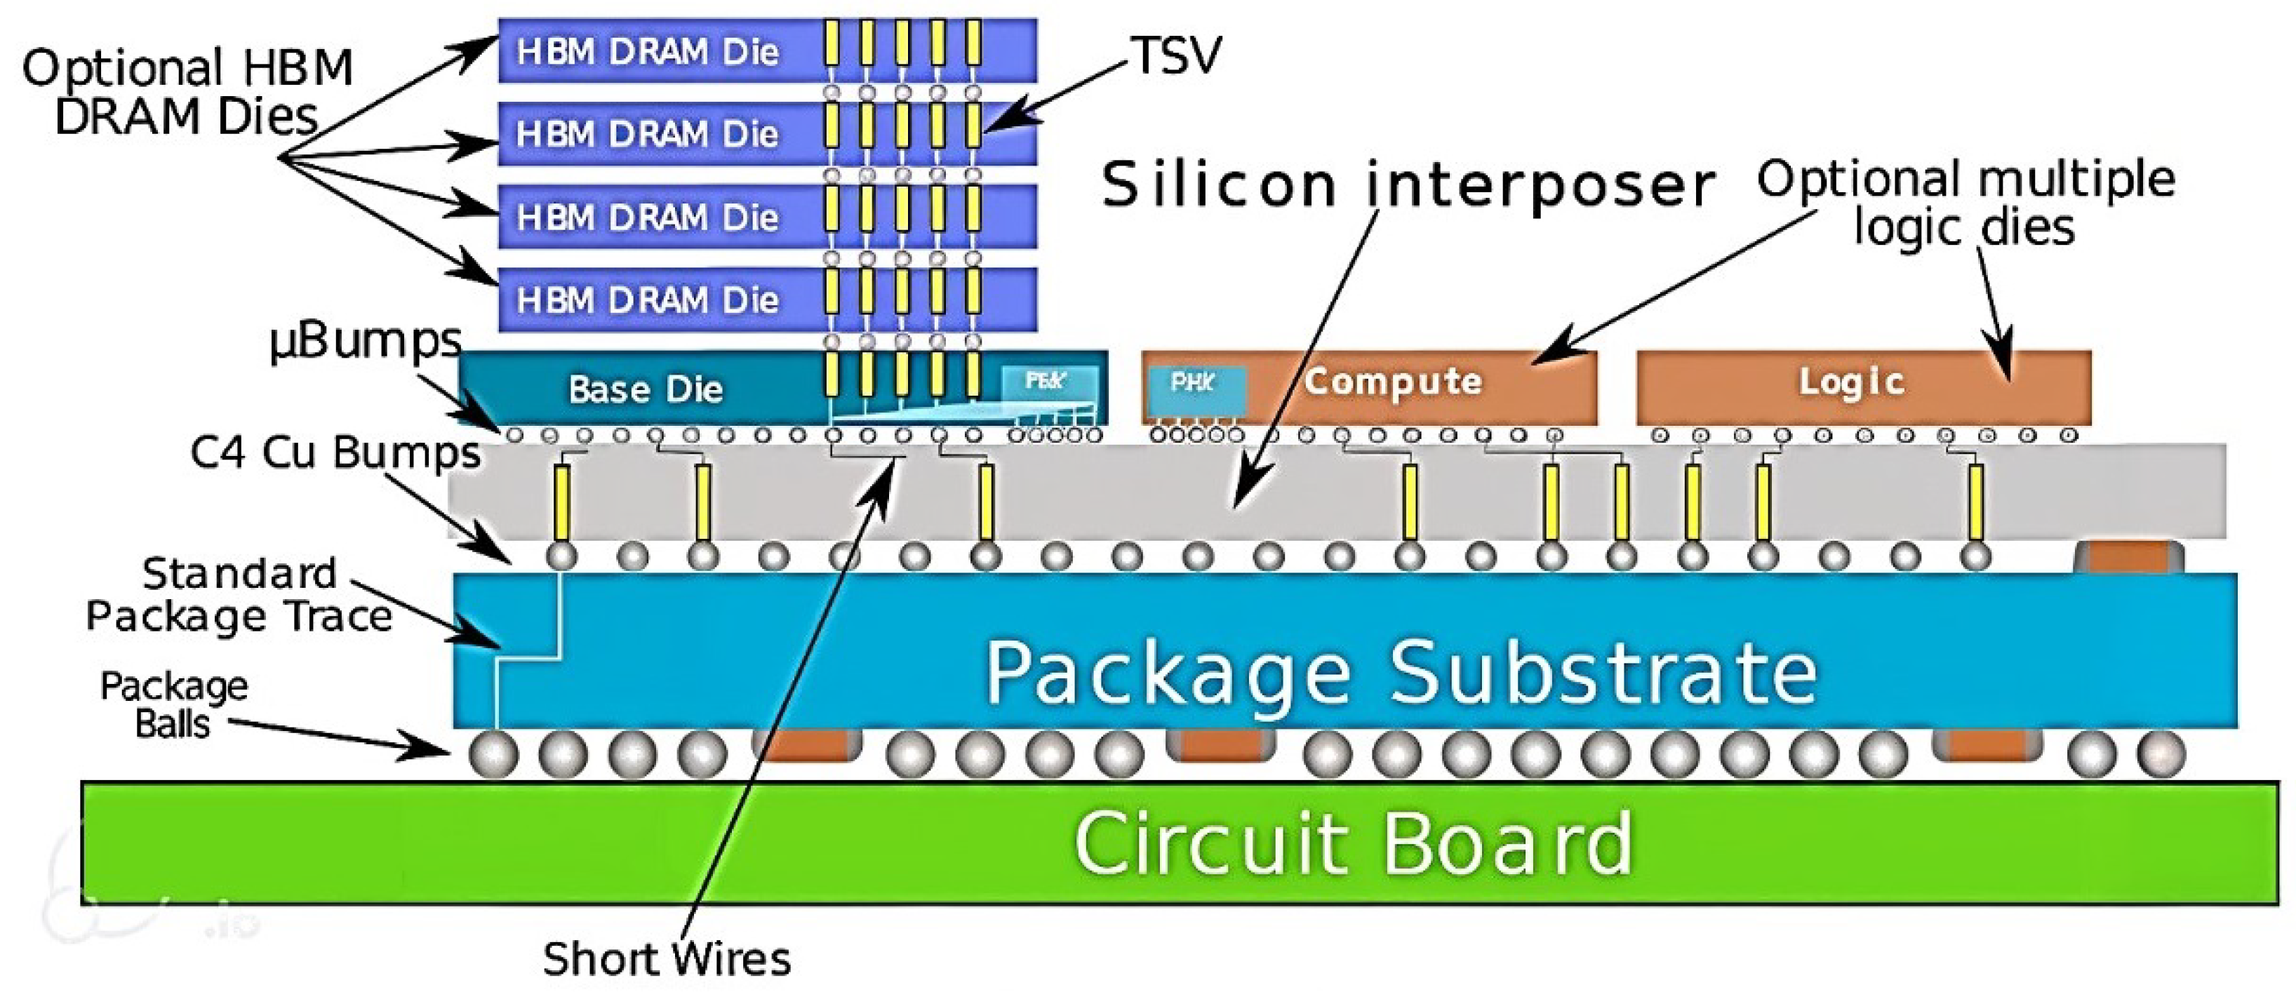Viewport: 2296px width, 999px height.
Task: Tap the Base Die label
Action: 646,389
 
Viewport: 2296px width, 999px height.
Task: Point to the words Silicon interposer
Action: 1406,185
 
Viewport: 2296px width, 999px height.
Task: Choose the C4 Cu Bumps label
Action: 335,452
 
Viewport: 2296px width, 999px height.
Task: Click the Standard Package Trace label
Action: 239,594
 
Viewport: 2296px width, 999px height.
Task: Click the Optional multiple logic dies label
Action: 1965,202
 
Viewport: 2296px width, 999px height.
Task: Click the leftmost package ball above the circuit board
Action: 493,755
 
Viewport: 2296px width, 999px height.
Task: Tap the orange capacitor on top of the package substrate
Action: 2128,557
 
